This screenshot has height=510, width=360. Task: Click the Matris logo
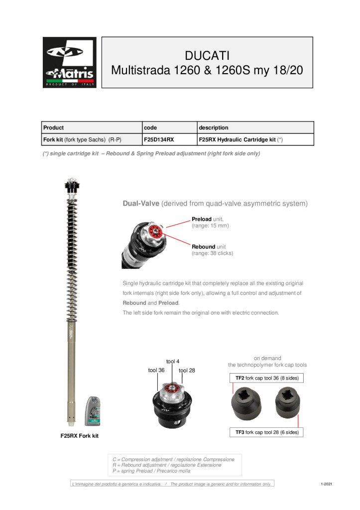tap(69, 62)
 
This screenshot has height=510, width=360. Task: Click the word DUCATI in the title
tap(207, 54)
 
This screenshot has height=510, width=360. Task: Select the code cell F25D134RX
tap(159, 140)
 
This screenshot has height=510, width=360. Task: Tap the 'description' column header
tap(213, 127)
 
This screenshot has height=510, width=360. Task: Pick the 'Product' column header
tap(53, 127)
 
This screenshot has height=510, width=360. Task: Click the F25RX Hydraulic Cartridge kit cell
tap(240, 140)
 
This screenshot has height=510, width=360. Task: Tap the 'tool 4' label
tap(173, 361)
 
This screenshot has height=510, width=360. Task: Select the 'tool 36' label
tap(156, 370)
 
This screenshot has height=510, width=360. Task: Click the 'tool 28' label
tap(187, 370)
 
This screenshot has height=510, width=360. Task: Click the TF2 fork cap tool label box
tap(267, 378)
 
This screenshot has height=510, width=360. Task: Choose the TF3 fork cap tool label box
tap(267, 432)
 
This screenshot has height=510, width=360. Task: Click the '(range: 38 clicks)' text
tap(212, 253)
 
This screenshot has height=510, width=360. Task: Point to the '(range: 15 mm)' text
tap(210, 226)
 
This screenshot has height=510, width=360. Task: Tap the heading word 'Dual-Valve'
tap(141, 203)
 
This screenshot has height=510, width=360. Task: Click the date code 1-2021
tap(327, 484)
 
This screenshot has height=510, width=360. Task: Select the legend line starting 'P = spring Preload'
tap(151, 470)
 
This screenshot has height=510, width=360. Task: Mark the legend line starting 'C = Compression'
tap(173, 459)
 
